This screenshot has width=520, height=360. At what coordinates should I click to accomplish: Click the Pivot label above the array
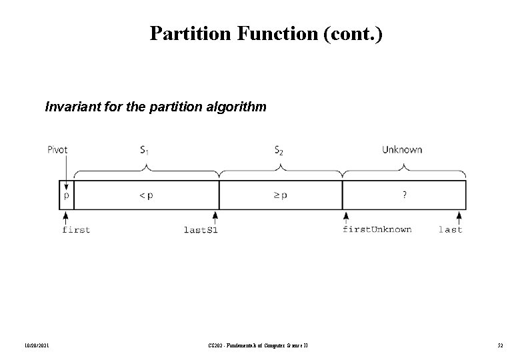click(x=57, y=150)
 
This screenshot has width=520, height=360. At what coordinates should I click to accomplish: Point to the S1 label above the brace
click(x=145, y=151)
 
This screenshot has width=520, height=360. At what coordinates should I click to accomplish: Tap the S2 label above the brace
click(x=280, y=151)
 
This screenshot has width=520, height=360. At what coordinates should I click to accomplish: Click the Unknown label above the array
click(x=402, y=150)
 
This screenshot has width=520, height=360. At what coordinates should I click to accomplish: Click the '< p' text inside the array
click(x=145, y=196)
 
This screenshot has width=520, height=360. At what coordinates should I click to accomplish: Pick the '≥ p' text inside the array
click(x=280, y=196)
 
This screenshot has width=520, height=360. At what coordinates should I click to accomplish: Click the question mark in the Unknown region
click(x=404, y=195)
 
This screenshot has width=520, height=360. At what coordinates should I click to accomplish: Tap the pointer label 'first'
click(x=75, y=230)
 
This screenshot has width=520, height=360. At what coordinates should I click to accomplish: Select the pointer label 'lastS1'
click(x=201, y=230)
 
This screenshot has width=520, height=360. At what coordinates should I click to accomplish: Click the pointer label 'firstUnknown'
click(x=377, y=229)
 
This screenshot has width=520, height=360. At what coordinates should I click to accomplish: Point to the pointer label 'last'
click(x=450, y=230)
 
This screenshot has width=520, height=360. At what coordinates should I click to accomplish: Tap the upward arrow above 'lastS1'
click(x=215, y=217)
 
